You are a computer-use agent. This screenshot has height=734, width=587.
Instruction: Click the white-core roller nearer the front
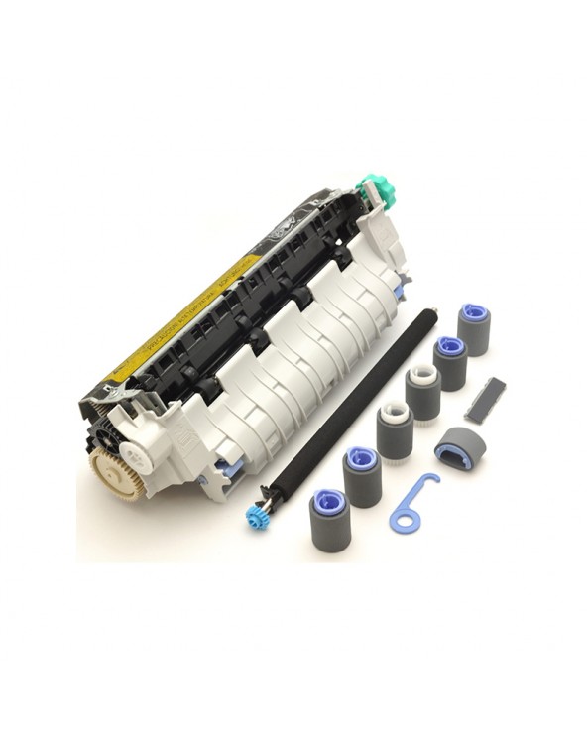click(x=395, y=428)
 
